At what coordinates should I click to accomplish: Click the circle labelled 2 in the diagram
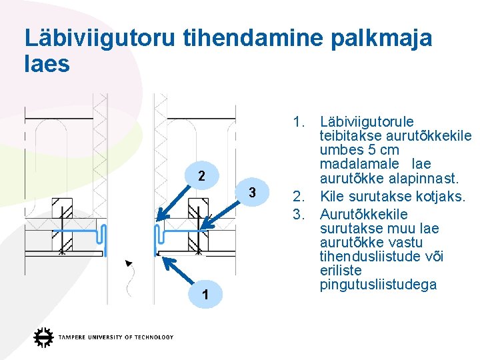(201, 177)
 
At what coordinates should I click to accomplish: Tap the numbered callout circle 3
(252, 193)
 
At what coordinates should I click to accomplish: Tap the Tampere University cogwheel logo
(44, 337)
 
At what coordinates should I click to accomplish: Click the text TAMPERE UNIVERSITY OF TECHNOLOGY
(115, 337)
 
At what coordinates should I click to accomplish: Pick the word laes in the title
(47, 64)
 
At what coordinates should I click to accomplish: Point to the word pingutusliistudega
(378, 285)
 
